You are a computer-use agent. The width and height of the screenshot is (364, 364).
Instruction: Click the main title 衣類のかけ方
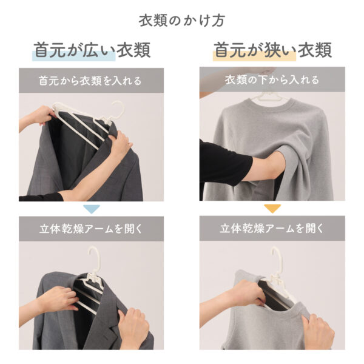click(x=182, y=21)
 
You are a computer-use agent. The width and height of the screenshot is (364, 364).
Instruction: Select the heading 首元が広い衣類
click(x=92, y=50)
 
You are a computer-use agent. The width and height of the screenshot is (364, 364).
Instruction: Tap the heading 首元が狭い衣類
click(x=272, y=50)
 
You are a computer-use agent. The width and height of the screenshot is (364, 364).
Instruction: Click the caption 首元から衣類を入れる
click(x=90, y=81)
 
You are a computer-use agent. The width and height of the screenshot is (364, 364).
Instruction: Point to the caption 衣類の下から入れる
click(x=272, y=80)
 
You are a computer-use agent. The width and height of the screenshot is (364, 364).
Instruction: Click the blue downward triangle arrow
click(x=92, y=209)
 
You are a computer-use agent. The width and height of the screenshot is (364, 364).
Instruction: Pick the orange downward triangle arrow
click(x=272, y=208)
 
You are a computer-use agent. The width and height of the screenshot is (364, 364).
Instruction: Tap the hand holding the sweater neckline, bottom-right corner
click(x=319, y=331)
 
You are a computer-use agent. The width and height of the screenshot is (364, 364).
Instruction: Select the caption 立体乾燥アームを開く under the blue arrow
click(x=90, y=229)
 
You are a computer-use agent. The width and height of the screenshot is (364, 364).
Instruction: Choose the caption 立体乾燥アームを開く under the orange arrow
click(x=272, y=229)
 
